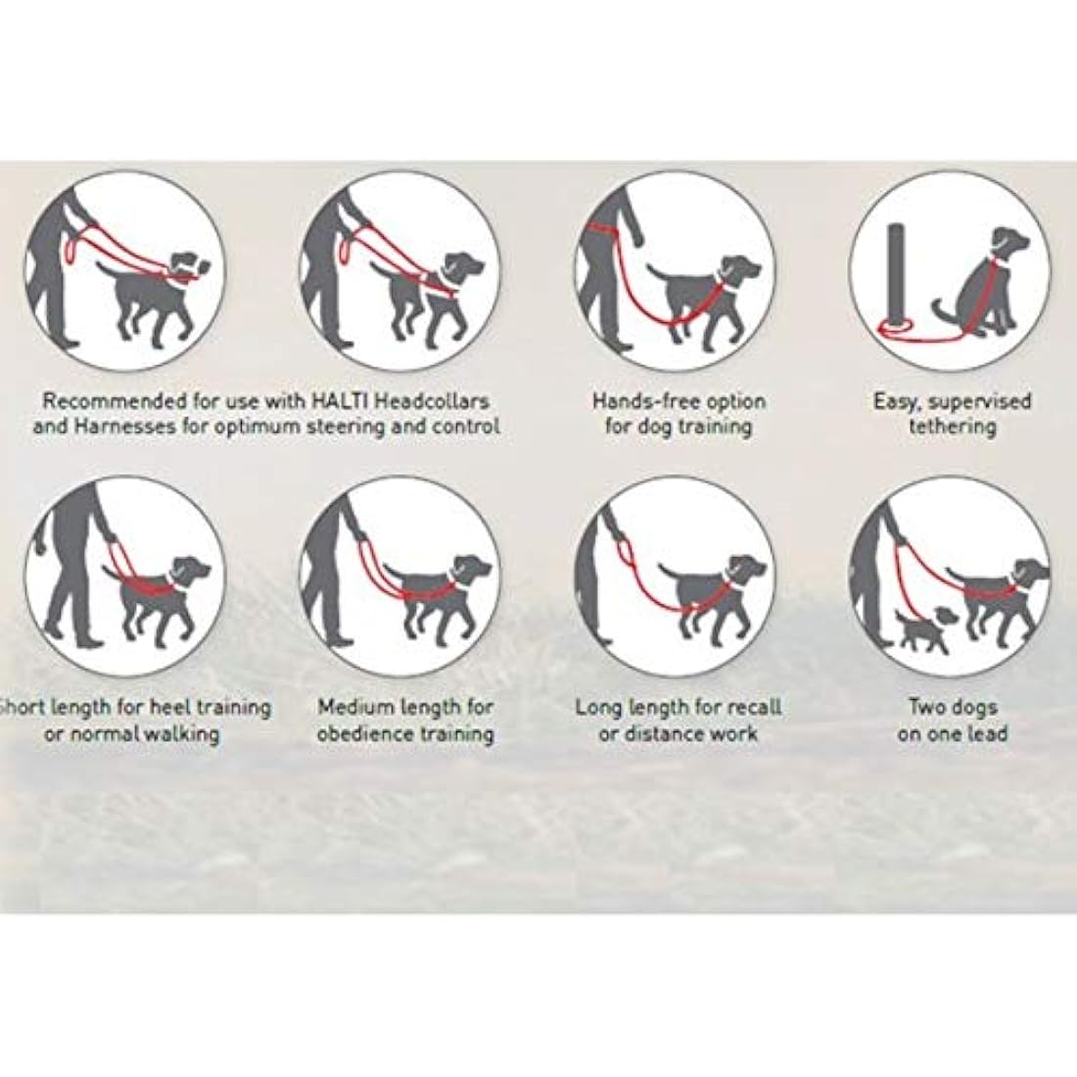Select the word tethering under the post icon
point(952,427)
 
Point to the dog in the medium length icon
point(436,592)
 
